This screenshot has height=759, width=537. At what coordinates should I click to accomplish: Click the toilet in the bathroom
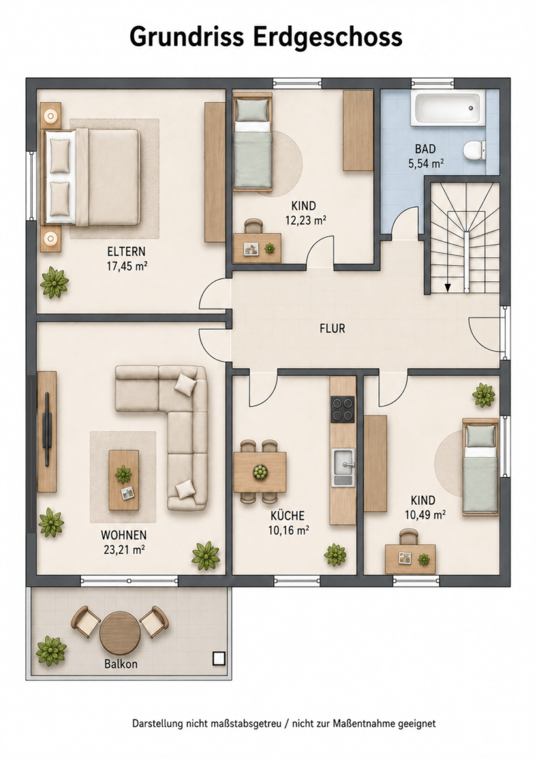(474, 150)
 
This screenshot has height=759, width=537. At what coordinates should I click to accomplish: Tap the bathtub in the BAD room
(447, 108)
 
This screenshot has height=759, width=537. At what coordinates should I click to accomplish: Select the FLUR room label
(332, 329)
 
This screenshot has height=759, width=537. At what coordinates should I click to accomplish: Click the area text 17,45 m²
(127, 266)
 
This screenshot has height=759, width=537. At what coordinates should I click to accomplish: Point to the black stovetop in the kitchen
(343, 409)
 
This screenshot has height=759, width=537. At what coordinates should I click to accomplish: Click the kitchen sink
(343, 467)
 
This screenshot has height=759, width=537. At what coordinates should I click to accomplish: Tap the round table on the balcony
(120, 632)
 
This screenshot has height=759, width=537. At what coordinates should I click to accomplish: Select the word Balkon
(121, 664)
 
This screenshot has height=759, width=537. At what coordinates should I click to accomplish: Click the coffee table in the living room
(124, 480)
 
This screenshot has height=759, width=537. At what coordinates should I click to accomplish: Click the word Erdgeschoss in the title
(327, 38)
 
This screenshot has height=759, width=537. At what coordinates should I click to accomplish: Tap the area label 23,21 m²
(124, 549)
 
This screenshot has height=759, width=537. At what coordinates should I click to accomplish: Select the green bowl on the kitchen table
(261, 471)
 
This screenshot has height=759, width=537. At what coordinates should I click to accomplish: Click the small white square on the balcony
(219, 658)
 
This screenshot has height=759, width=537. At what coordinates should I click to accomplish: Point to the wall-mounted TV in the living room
(47, 430)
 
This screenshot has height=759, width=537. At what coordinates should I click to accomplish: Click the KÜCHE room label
(288, 516)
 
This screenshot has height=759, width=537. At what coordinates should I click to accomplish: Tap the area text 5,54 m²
(427, 164)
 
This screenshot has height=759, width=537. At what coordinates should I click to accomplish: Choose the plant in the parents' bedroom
(54, 282)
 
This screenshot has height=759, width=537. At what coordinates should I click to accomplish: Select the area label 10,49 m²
(425, 515)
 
